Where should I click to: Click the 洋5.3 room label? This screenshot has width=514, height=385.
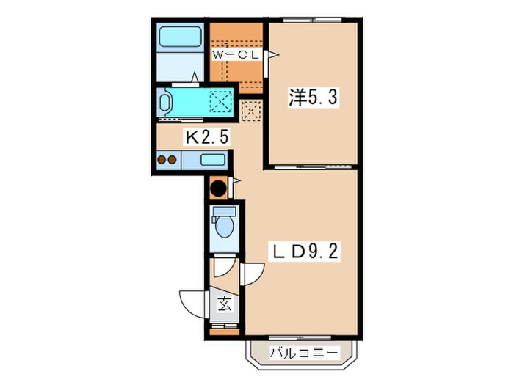click(x=313, y=97)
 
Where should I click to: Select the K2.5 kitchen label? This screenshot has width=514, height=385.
click(x=207, y=137)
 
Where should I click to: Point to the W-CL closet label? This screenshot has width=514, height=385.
click(x=236, y=55)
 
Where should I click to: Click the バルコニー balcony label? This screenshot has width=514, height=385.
click(x=303, y=353)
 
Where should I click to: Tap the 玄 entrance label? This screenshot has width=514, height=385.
click(x=225, y=304)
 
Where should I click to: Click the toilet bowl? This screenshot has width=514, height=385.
click(x=225, y=226)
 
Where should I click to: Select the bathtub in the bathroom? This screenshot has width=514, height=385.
click(x=180, y=37)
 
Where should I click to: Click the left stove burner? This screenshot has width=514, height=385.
click(x=162, y=160)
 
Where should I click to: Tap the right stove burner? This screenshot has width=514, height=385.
click(x=173, y=160)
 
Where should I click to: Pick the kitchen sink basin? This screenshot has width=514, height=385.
click(x=212, y=160)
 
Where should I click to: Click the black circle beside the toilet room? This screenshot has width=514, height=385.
click(x=218, y=188)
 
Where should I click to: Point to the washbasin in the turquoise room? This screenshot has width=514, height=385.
click(x=164, y=102)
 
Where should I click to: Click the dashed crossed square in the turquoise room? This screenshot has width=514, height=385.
click(x=220, y=101)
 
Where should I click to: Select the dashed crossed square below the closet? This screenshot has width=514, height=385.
click(x=251, y=111)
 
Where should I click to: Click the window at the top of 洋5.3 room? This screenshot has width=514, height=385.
click(x=312, y=20)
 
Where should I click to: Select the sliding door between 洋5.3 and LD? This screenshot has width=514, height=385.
click(x=313, y=167)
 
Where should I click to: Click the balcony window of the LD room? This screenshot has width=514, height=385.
click(x=300, y=337)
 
